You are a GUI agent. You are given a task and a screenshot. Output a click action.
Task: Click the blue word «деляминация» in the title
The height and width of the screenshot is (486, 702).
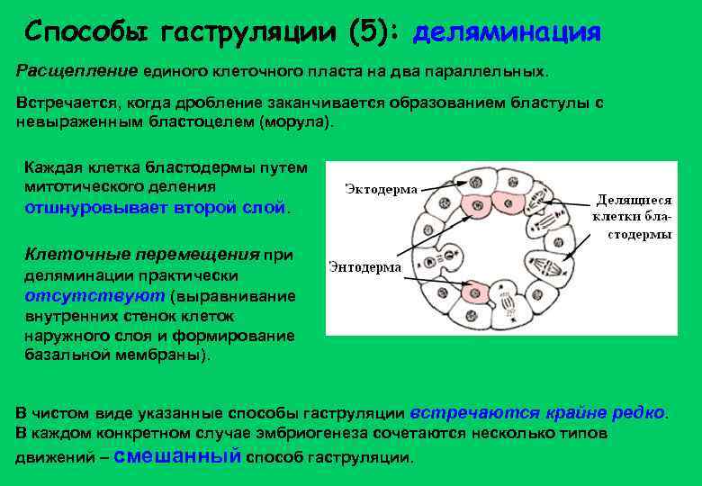[x=507, y=33]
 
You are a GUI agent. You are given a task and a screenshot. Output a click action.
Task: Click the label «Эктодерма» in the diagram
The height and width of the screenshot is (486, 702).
[x=381, y=190]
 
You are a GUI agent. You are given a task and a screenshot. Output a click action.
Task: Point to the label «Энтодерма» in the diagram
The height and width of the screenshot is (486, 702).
[x=365, y=266]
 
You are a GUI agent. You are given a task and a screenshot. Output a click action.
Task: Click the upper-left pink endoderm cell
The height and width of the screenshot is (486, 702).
[x=474, y=205]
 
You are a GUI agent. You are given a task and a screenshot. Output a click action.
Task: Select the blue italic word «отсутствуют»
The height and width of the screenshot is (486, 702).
[x=94, y=295]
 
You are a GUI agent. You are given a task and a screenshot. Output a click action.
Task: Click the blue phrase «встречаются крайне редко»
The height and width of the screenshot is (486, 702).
[x=538, y=413]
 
